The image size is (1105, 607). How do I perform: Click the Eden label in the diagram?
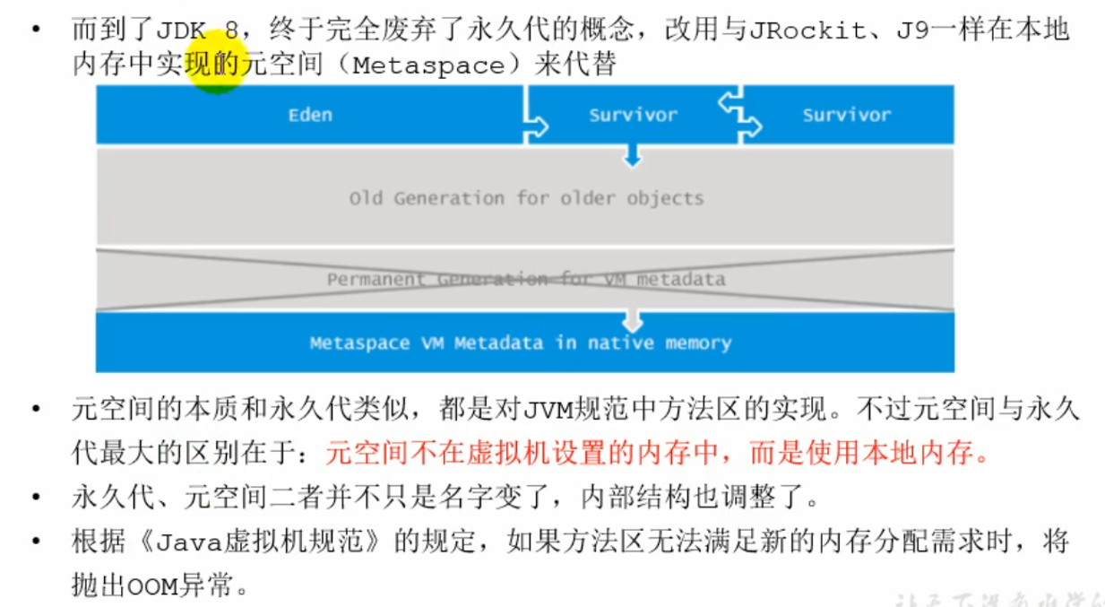pyautogui.click(x=310, y=115)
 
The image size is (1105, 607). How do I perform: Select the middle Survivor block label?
pyautogui.click(x=633, y=115)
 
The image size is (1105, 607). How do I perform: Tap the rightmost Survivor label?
pyautogui.click(x=846, y=115)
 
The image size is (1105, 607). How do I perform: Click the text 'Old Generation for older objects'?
pyautogui.click(x=526, y=198)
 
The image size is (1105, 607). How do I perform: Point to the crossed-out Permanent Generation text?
pyautogui.click(x=525, y=280)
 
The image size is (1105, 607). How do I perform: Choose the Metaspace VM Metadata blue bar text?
pyautogui.click(x=520, y=343)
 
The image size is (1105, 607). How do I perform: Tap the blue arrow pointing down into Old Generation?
pyautogui.click(x=633, y=157)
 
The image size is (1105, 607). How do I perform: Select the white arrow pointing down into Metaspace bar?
pyautogui.click(x=633, y=317)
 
